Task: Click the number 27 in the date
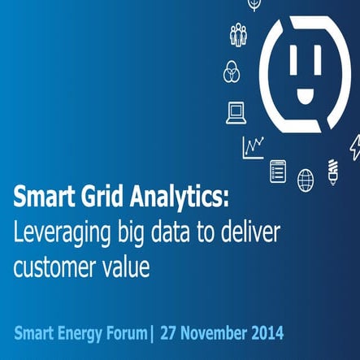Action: pyautogui.click(x=169, y=333)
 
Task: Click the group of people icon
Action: pyautogui.click(x=237, y=35)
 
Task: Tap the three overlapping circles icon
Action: pyautogui.click(x=232, y=72)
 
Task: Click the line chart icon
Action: pyautogui.click(x=253, y=147)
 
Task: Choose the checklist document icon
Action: pyautogui.click(x=278, y=171)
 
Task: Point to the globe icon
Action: pyautogui.click(x=306, y=179)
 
